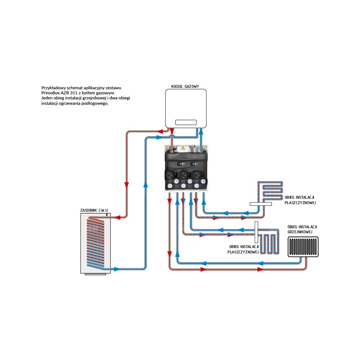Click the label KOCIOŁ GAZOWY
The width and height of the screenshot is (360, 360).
(185, 86)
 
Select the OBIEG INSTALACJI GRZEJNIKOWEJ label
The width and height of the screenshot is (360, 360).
(302, 229)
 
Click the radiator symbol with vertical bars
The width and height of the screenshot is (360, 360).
(303, 247)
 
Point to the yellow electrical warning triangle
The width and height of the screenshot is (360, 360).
(183, 148)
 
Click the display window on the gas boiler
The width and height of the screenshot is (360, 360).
(186, 122)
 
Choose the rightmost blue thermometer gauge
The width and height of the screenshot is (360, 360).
(203, 181)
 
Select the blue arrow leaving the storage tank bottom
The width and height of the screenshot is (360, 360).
(117, 269)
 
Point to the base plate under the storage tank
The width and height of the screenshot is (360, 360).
(95, 274)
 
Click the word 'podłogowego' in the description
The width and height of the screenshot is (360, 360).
(95, 103)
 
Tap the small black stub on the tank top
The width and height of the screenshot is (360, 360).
(107, 215)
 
